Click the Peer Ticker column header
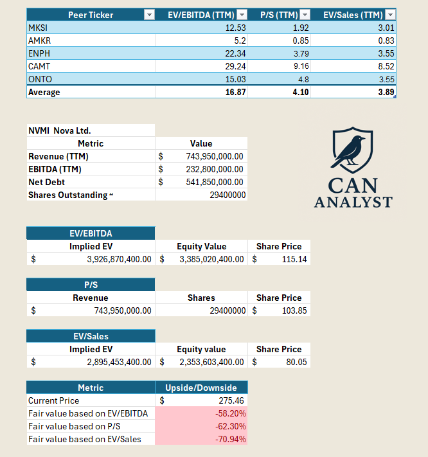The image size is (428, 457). tap(90, 15)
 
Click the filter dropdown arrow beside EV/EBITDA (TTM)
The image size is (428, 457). tap(242, 15)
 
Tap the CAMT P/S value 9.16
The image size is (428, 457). tap(301, 66)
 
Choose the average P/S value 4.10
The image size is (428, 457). tap(300, 92)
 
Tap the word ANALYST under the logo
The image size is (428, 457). tap(353, 202)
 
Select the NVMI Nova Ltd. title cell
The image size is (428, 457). tap(60, 130)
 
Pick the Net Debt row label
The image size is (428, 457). tap(46, 182)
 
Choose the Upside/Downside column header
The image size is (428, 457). tap(201, 388)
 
